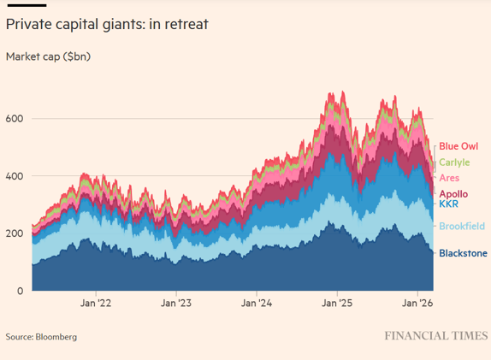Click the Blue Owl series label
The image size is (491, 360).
pos(458,147)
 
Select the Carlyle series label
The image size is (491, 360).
pos(453,162)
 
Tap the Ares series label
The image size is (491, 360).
pos(449,178)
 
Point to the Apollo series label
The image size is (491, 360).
pos(453,194)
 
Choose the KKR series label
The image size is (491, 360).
pos(448,204)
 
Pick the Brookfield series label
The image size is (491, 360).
pos(462,226)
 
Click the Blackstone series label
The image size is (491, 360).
pos(463,253)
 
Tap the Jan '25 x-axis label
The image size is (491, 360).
pos(336,303)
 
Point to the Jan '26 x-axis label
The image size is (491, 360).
pos(417,303)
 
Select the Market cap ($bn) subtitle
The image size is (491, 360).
pos(48,57)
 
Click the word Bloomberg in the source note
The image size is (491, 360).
pos(56,337)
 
